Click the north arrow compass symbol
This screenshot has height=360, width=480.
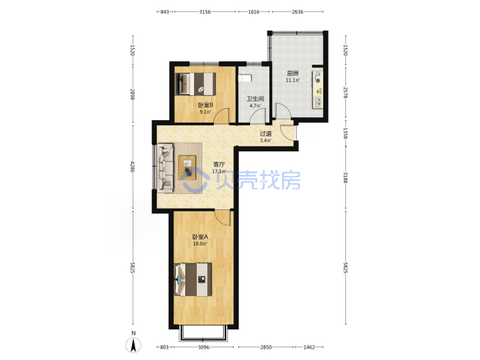click(133, 345)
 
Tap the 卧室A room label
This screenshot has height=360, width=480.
click(200, 237)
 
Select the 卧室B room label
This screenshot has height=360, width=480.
click(205, 105)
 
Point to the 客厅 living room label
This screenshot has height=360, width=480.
click(219, 165)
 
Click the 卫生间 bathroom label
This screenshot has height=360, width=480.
click(255, 99)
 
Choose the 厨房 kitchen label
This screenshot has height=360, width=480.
click(293, 73)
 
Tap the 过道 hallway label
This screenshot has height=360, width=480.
click(265, 133)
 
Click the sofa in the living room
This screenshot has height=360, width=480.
click(165, 168)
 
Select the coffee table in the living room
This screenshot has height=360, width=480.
click(187, 168)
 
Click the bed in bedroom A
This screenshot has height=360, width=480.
click(193, 279)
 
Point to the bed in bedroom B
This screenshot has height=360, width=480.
click(195, 84)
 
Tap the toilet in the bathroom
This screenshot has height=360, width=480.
click(245, 78)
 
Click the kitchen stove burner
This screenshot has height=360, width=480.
click(318, 77)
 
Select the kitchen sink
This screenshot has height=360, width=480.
click(318, 102)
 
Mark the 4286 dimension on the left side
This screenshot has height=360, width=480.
click(132, 167)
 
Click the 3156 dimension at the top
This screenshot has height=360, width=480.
click(205, 12)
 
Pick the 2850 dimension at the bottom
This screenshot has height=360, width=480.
click(266, 347)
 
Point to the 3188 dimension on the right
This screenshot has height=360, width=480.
click(345, 177)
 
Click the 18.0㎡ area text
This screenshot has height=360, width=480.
click(200, 244)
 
